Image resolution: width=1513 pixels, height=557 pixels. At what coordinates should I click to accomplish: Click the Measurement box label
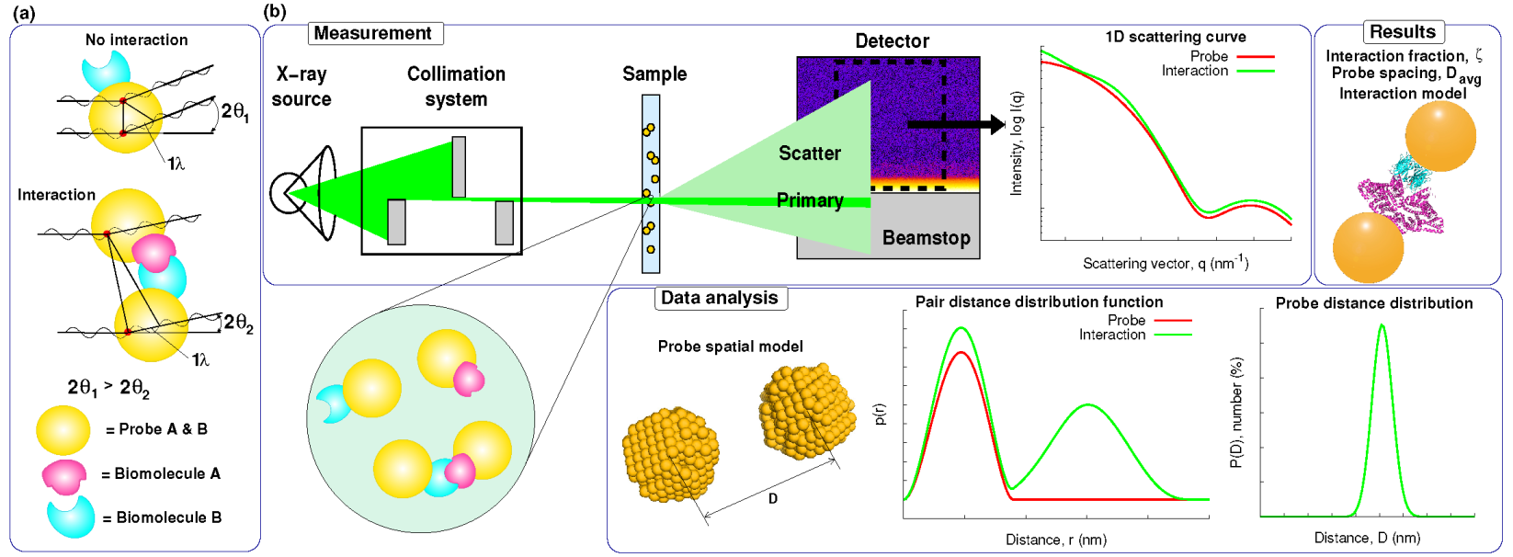pos(373,33)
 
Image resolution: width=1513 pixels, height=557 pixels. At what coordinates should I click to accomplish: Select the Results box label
pos(1403,31)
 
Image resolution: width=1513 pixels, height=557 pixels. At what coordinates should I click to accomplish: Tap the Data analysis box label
pos(720,298)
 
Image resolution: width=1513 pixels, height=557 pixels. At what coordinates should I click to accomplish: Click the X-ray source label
pos(301,86)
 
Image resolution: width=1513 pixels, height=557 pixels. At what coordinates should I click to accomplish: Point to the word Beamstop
pos(926,238)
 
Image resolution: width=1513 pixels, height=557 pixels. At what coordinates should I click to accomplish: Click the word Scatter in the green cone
pos(810,153)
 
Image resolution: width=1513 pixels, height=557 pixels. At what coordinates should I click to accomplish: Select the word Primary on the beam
pos(810,200)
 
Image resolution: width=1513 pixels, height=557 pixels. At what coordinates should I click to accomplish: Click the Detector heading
pos(892,41)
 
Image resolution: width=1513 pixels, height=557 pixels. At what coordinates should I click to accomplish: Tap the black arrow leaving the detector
pos(956,124)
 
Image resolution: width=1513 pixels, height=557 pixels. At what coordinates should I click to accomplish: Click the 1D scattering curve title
pos(1176,37)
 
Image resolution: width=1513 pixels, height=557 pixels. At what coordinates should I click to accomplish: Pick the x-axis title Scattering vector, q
pos(1165,264)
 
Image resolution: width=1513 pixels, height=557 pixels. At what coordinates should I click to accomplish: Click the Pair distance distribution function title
pos(1039,301)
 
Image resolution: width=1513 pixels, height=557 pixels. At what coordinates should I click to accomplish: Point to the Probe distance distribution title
pos(1373,303)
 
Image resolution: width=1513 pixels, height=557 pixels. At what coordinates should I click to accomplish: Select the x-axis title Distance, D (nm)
pos(1367,538)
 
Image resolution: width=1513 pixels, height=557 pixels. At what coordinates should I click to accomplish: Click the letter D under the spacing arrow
pos(773,498)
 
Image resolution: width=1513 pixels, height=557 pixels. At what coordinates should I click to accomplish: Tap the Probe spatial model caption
pos(730,347)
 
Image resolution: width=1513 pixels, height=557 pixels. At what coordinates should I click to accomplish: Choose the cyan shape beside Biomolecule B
pos(71,516)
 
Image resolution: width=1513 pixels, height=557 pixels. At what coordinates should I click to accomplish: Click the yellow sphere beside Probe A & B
pos(63,430)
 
